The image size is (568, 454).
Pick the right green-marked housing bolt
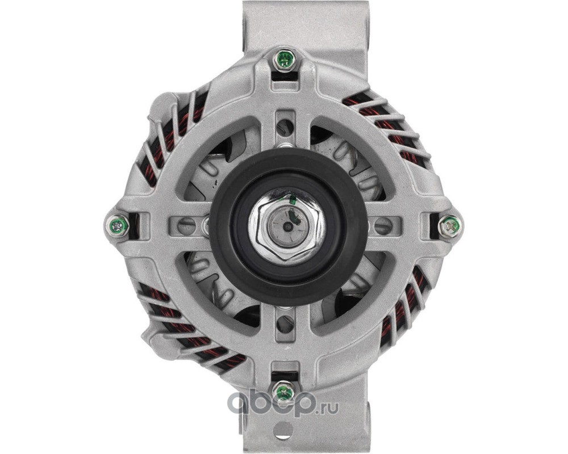click(x=450, y=226)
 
